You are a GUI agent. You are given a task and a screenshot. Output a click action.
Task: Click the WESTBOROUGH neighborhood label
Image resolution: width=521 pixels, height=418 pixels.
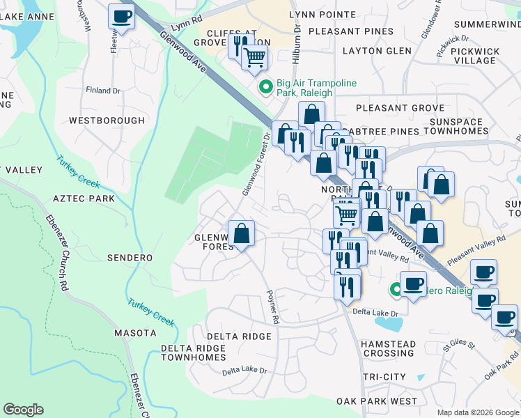pyautogui.click(x=107, y=121)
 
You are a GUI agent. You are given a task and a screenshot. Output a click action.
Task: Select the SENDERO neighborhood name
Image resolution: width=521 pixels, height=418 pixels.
pyautogui.click(x=130, y=257)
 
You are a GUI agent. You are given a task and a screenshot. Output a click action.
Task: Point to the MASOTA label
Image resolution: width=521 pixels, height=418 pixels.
pyautogui.click(x=134, y=333)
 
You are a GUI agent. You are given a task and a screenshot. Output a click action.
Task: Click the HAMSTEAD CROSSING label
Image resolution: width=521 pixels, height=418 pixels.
pyautogui.click(x=389, y=348)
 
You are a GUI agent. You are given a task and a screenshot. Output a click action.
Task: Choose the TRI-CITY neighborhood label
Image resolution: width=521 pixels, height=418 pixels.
pyautogui.click(x=383, y=376)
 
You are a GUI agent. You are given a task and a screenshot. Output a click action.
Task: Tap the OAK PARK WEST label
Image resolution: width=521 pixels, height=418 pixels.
pyautogui.click(x=376, y=401)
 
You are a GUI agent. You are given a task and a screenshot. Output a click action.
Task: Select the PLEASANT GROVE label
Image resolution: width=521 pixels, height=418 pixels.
pyautogui.click(x=400, y=108)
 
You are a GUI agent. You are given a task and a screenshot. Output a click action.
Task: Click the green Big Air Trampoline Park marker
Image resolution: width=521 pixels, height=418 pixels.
pyautogui.click(x=265, y=88)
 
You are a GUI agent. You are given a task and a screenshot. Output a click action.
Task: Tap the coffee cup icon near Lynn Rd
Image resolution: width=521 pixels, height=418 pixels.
pyautogui.click(x=122, y=16)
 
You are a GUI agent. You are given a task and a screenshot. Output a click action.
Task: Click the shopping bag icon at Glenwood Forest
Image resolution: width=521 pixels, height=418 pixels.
pyautogui.click(x=241, y=233)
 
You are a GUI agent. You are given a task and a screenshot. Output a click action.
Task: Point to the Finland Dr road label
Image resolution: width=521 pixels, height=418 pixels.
pyautogui.click(x=103, y=91)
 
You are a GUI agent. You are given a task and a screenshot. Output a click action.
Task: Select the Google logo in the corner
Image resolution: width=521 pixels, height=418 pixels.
pyautogui.click(x=23, y=410)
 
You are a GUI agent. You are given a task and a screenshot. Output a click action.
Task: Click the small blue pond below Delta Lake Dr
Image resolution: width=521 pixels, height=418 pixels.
pyautogui.click(x=391, y=323)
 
